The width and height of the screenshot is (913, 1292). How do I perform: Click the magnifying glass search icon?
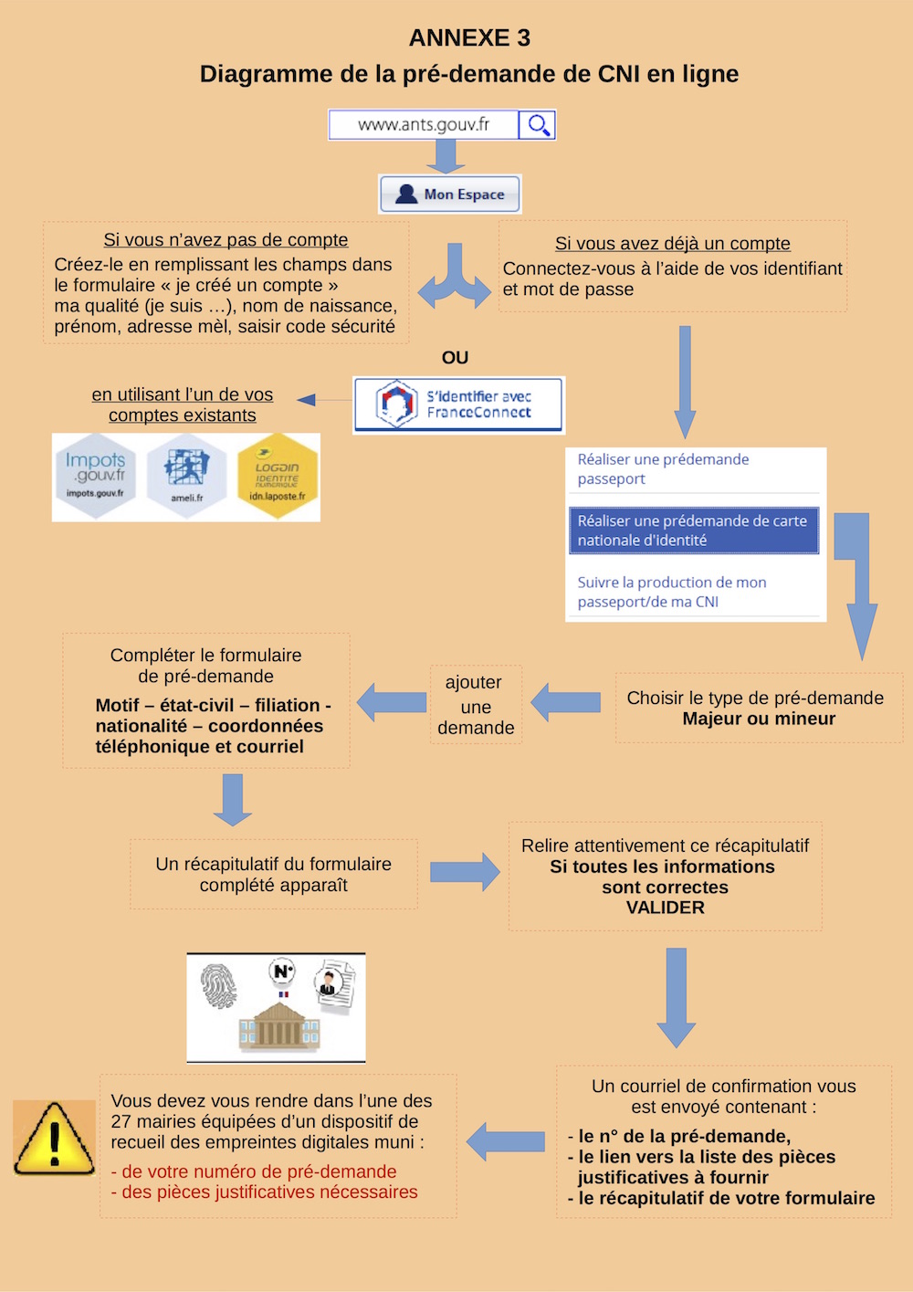click(538, 125)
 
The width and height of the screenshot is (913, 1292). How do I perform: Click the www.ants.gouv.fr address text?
click(424, 125)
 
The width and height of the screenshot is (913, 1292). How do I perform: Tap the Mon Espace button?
click(450, 194)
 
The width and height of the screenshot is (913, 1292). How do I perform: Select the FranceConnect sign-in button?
click(458, 404)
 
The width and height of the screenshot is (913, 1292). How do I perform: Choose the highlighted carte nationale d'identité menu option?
click(693, 530)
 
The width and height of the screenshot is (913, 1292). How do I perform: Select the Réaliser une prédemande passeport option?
click(663, 469)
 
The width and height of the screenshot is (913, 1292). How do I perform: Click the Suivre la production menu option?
click(672, 592)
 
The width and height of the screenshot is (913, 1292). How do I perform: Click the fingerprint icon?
click(219, 987)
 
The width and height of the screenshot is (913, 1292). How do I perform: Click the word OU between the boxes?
click(455, 358)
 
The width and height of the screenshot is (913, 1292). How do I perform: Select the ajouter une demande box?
click(476, 705)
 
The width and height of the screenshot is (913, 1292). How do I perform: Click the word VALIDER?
click(665, 908)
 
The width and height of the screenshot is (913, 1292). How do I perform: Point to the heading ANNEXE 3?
click(469, 38)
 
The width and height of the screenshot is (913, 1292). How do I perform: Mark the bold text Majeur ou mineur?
click(759, 719)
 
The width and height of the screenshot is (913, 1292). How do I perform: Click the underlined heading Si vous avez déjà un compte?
click(673, 244)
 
